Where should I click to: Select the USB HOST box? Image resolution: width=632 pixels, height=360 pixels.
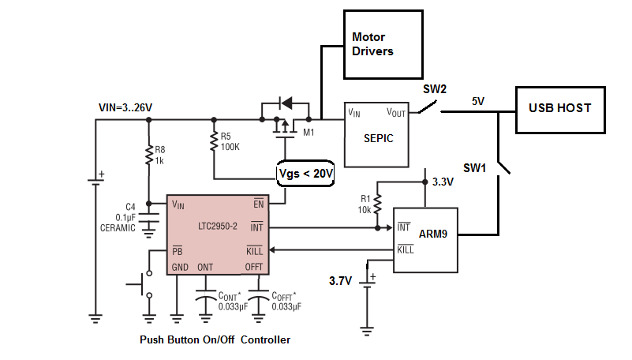tap(560, 108)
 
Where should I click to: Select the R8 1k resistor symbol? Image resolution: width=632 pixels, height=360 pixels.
tap(149, 155)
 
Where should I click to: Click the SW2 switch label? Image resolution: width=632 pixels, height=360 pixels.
tap(435, 90)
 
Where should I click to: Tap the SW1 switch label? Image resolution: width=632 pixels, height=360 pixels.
tap(475, 169)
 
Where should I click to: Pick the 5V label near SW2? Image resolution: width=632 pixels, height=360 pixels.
tap(479, 102)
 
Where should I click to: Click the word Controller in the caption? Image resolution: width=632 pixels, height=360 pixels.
tap(265, 340)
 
